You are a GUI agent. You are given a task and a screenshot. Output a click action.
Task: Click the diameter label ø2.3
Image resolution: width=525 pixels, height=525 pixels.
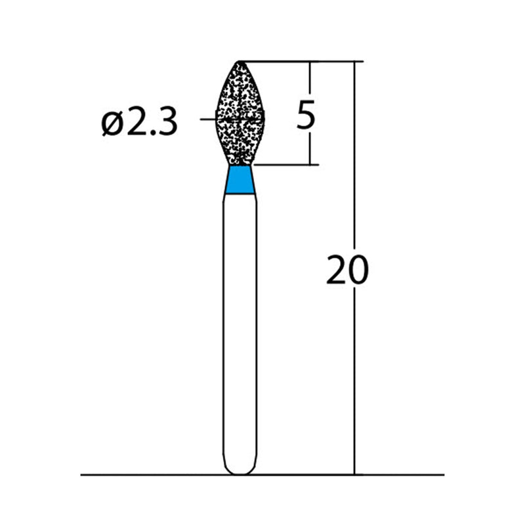coord(140,122)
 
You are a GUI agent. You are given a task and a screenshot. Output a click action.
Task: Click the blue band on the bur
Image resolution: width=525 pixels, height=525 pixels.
coord(240,180)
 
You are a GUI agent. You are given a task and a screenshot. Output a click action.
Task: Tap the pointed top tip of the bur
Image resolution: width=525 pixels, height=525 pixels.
coord(240,62)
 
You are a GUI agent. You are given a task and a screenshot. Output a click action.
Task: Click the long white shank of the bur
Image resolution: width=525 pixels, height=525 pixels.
coord(240,328)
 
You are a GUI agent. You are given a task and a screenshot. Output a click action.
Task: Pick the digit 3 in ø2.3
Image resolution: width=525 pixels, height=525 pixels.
coord(167,123)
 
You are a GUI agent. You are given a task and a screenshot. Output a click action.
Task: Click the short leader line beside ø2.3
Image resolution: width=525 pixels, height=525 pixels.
coord(207,119)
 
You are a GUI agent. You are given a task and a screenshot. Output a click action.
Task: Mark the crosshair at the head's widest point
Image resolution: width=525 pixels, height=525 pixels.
coord(240,119)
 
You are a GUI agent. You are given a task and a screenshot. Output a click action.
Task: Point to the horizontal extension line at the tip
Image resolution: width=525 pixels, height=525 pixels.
coord(289,62)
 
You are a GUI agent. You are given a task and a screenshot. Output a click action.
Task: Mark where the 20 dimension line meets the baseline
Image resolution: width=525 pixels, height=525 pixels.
coord(355,474)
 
